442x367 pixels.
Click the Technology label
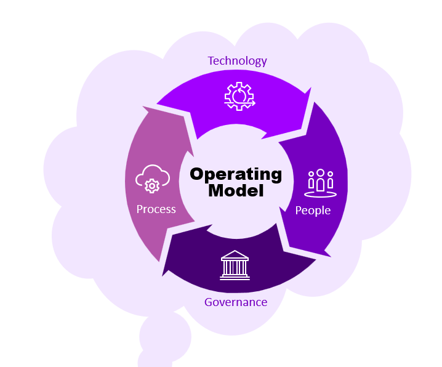237,60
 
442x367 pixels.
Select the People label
313,211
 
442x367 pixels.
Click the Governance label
236,302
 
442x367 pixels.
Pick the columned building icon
235,265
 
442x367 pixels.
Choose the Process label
156,209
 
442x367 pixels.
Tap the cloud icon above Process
151,179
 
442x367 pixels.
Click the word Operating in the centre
236,174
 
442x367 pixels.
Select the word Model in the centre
236,191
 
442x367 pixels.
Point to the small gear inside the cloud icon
151,185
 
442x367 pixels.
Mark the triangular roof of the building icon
235,255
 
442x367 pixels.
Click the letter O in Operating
197,174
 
